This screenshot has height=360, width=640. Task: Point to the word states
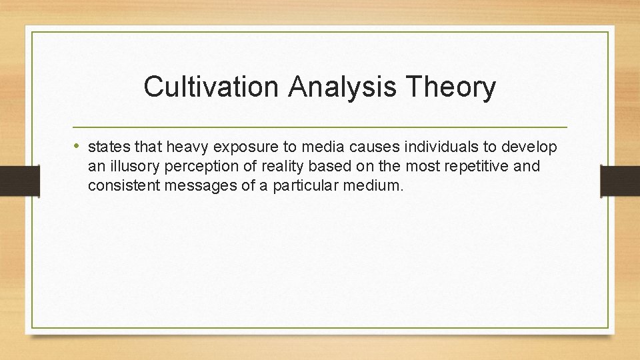coord(108,147)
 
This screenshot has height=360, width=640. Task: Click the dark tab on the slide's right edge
coord(619,181)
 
